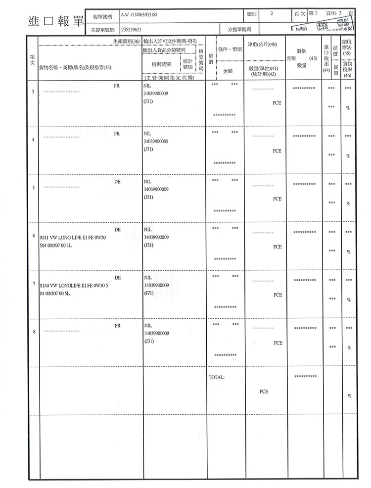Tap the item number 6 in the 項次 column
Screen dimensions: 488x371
point(33,236)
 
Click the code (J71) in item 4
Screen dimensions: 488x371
point(148,148)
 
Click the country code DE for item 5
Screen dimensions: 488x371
point(117,182)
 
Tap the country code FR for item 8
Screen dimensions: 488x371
point(117,326)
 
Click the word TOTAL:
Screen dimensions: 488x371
point(217,377)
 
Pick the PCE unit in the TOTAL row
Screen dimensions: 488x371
point(264,391)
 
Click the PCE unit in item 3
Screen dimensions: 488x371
point(277,103)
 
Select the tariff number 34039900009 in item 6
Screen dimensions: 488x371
point(156,237)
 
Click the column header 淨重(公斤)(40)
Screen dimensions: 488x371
point(262,45)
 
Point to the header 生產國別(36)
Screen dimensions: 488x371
point(127,41)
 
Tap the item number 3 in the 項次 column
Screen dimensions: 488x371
point(33,92)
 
